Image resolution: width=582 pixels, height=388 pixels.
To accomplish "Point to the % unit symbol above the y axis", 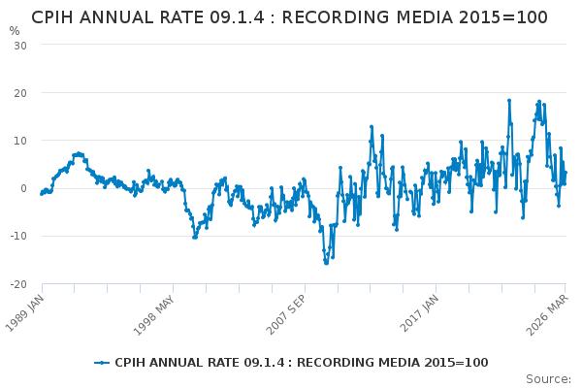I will coord(15,31).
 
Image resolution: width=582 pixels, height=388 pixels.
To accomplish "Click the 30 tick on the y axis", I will coord(19,46).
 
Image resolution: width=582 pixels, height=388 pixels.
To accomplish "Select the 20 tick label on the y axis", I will coord(19,93).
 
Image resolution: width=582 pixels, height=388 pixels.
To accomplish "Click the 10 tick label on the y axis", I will coord(19,141).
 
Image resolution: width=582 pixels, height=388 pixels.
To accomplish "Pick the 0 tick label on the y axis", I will coord(22,188).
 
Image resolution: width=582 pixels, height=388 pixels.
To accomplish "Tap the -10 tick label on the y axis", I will coord(17,236).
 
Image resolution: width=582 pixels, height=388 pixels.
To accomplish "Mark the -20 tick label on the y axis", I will coord(17,283).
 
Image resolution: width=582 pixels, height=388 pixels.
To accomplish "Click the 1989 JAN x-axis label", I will coord(28,312).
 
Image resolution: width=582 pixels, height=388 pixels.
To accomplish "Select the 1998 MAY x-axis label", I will coord(159,312).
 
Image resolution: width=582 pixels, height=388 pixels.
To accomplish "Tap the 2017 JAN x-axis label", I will coord(424,312).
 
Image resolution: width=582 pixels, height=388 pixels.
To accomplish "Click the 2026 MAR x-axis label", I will coord(550,312).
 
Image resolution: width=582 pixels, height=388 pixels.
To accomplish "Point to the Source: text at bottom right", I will coord(548,378).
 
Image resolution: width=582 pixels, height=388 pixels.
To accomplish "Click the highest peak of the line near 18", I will coord(508,100).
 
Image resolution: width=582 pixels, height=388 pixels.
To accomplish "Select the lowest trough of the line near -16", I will coord(326,263).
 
